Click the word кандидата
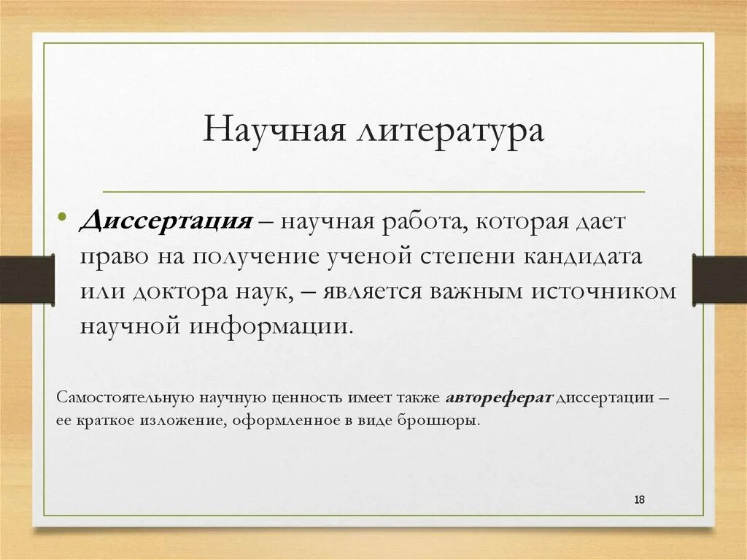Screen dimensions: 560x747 (x=592, y=256)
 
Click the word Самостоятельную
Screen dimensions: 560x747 (x=123, y=399)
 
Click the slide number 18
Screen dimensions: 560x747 (x=640, y=499)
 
